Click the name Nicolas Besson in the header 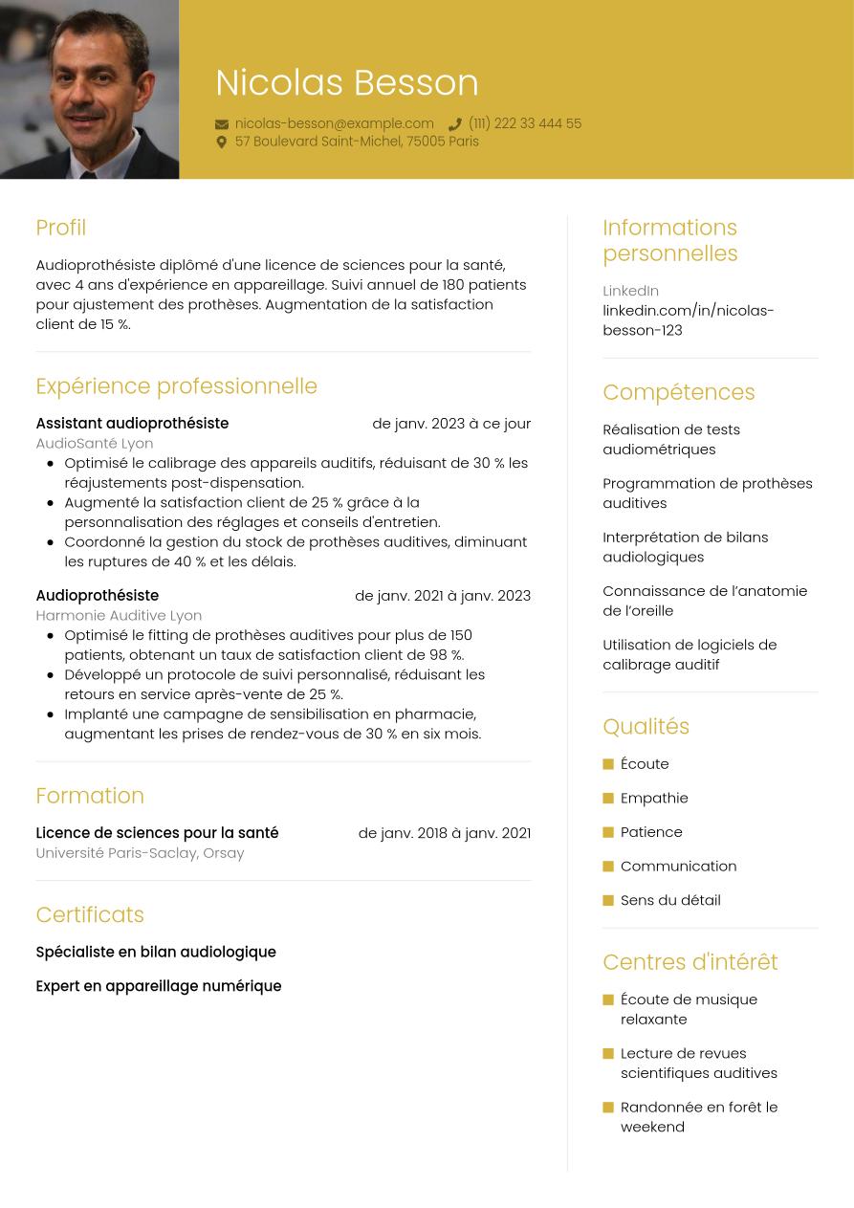[x=346, y=83]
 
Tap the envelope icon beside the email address [x=222, y=124]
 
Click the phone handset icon [x=455, y=124]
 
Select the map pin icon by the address [x=222, y=142]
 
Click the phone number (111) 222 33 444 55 [x=524, y=123]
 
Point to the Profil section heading [x=60, y=228]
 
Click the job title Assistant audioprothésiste [x=132, y=423]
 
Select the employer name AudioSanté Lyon [x=94, y=443]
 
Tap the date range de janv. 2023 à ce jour [x=451, y=423]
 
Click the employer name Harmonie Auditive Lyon [x=119, y=615]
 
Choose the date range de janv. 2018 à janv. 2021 [x=444, y=832]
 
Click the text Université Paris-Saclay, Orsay [x=140, y=852]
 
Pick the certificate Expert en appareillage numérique [x=158, y=985]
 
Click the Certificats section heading [x=90, y=914]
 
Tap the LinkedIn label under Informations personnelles [x=630, y=290]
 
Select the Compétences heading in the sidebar [x=678, y=392]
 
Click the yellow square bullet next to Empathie [x=608, y=798]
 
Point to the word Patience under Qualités [x=651, y=831]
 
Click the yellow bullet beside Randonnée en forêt [x=608, y=1108]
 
